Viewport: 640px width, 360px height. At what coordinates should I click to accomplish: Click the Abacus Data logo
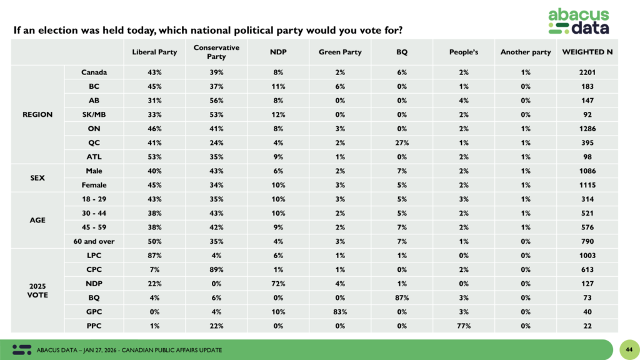578,21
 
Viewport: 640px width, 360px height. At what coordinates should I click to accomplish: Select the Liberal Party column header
154,52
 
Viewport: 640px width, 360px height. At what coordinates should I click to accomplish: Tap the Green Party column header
340,52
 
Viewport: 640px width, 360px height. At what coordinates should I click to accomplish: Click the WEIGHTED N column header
587,52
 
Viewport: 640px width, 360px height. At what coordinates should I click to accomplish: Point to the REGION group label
37,114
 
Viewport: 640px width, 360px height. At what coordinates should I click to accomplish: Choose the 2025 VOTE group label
37,290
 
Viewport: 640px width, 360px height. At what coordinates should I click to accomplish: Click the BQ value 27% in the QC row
402,142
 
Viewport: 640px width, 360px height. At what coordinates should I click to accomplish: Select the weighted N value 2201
587,72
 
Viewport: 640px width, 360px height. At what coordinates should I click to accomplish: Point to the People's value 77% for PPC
464,326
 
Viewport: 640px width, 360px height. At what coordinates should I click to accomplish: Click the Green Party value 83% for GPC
340,311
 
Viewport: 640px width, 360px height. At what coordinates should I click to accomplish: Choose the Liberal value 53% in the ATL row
154,157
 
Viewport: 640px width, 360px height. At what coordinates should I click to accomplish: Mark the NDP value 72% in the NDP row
278,283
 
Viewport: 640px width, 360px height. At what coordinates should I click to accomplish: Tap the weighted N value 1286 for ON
587,129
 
